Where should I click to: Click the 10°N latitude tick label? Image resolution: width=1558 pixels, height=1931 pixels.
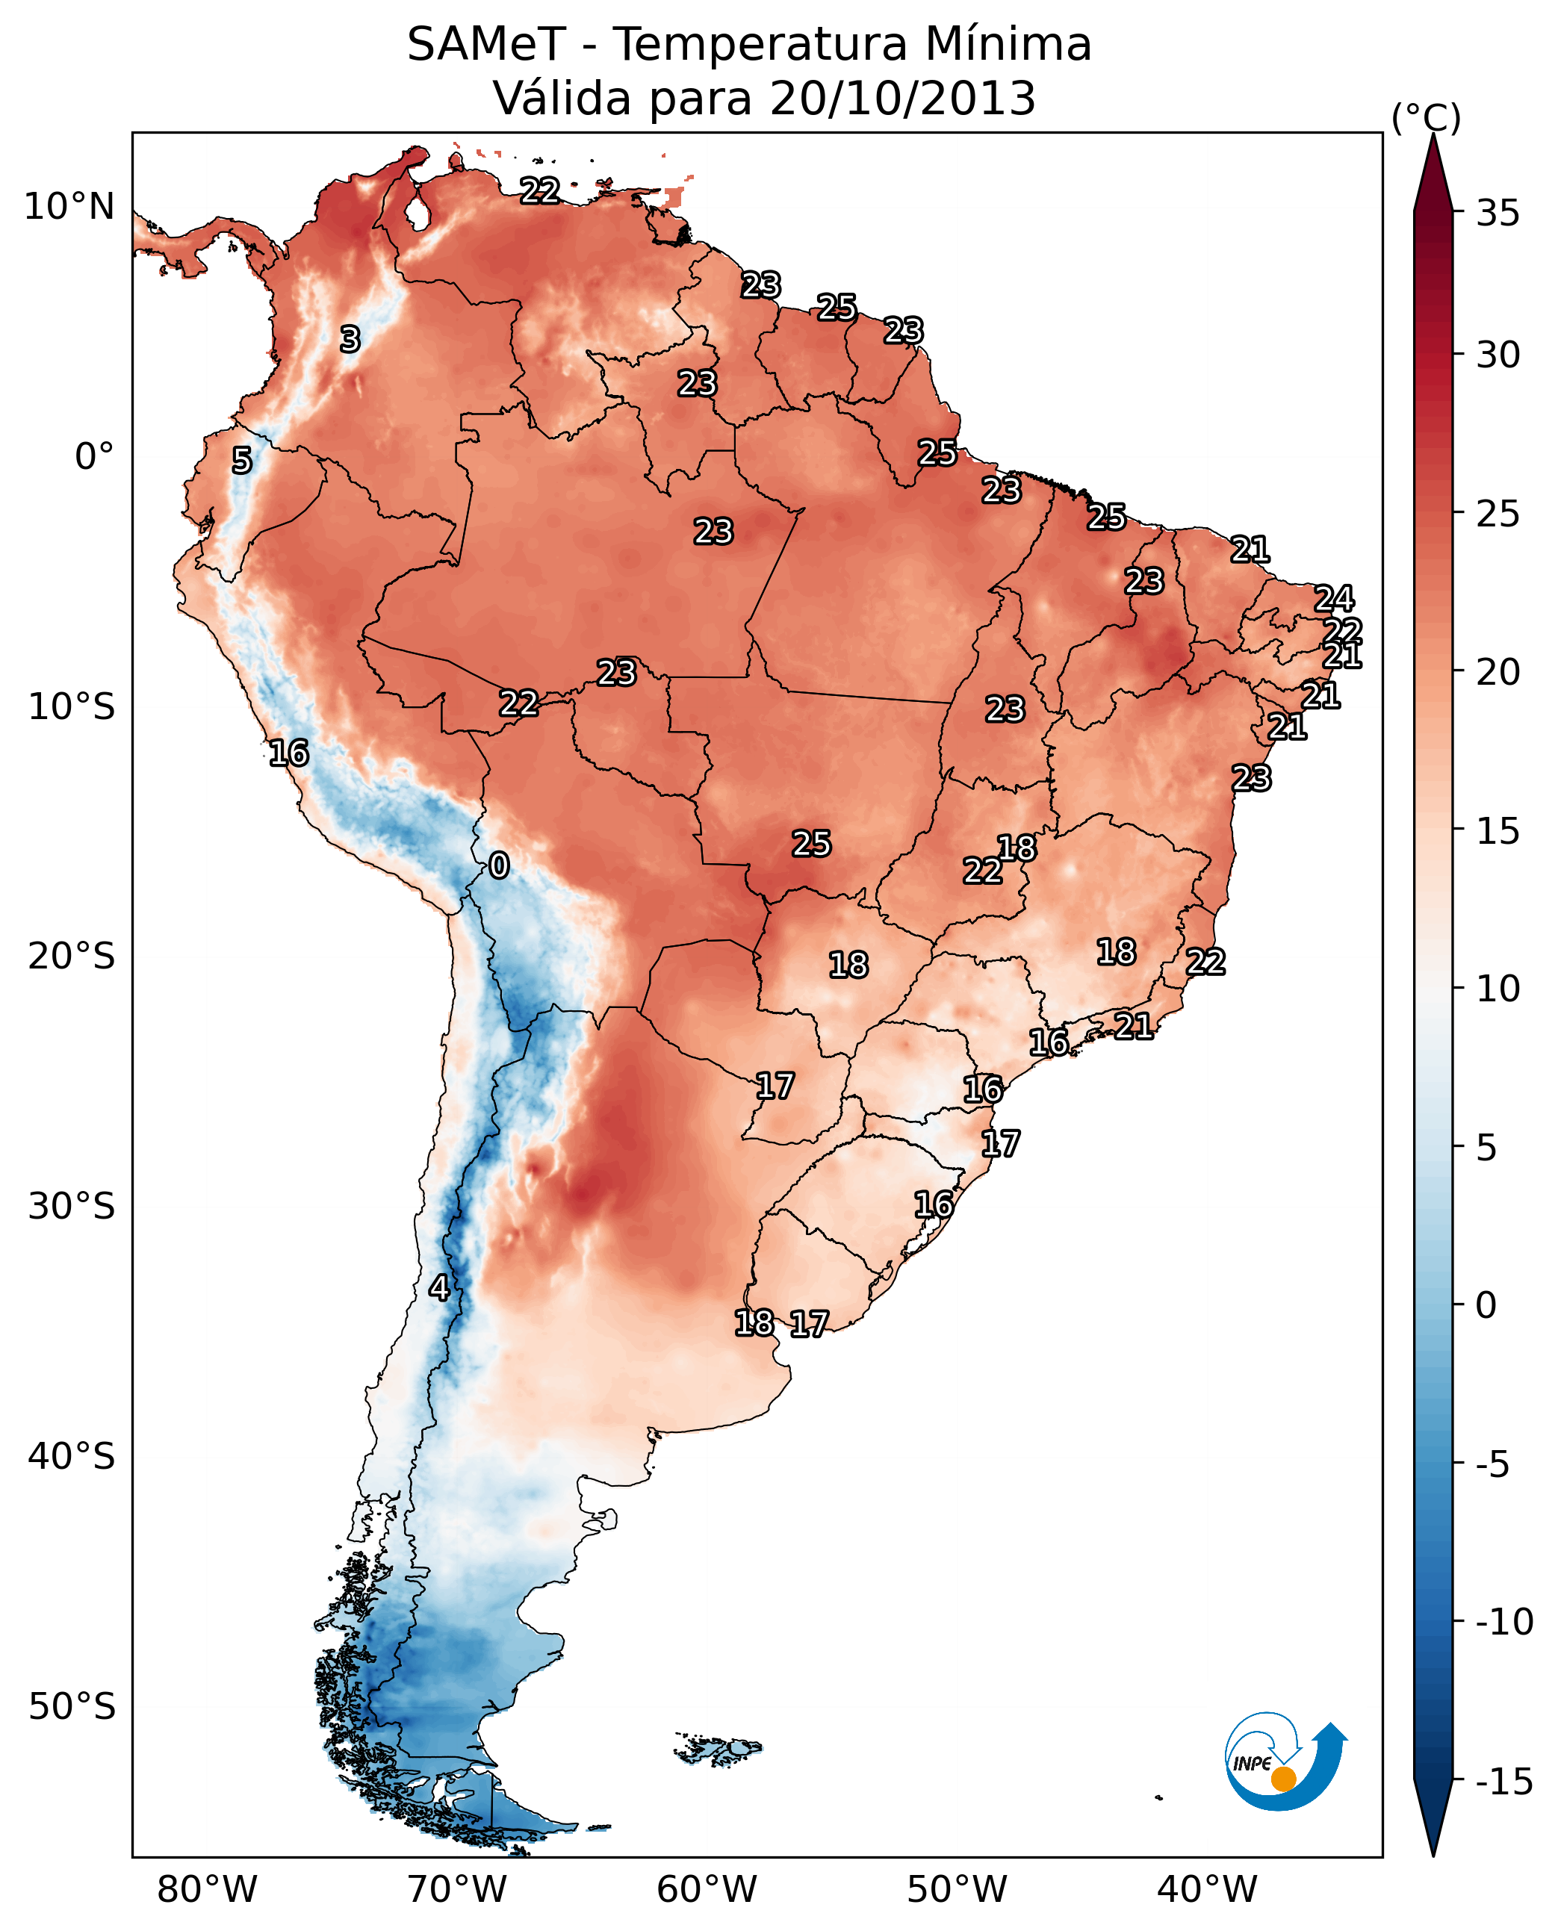coord(69,208)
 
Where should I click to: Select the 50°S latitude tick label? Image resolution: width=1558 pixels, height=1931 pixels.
coord(72,1705)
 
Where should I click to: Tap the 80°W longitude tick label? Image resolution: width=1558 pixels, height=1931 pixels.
coord(208,1889)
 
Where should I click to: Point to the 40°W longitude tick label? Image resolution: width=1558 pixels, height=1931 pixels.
coord(1207,1889)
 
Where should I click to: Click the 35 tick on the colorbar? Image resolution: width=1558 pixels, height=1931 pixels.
coord(1498,214)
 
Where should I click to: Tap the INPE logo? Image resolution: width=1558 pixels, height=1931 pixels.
coord(1285,1761)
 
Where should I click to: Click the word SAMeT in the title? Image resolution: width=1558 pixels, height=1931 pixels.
coord(486,45)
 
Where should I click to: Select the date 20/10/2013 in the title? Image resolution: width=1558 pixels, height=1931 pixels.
coord(903,99)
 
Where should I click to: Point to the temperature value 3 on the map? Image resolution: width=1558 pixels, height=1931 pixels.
coord(350,339)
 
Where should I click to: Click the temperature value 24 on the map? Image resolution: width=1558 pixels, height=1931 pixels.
coord(1334,599)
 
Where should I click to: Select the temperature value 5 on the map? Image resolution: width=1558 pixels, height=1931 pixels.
coord(241,460)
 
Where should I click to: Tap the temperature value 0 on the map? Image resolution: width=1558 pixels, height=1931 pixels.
coord(499,866)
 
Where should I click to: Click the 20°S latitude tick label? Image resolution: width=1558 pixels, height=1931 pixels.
coord(72,957)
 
